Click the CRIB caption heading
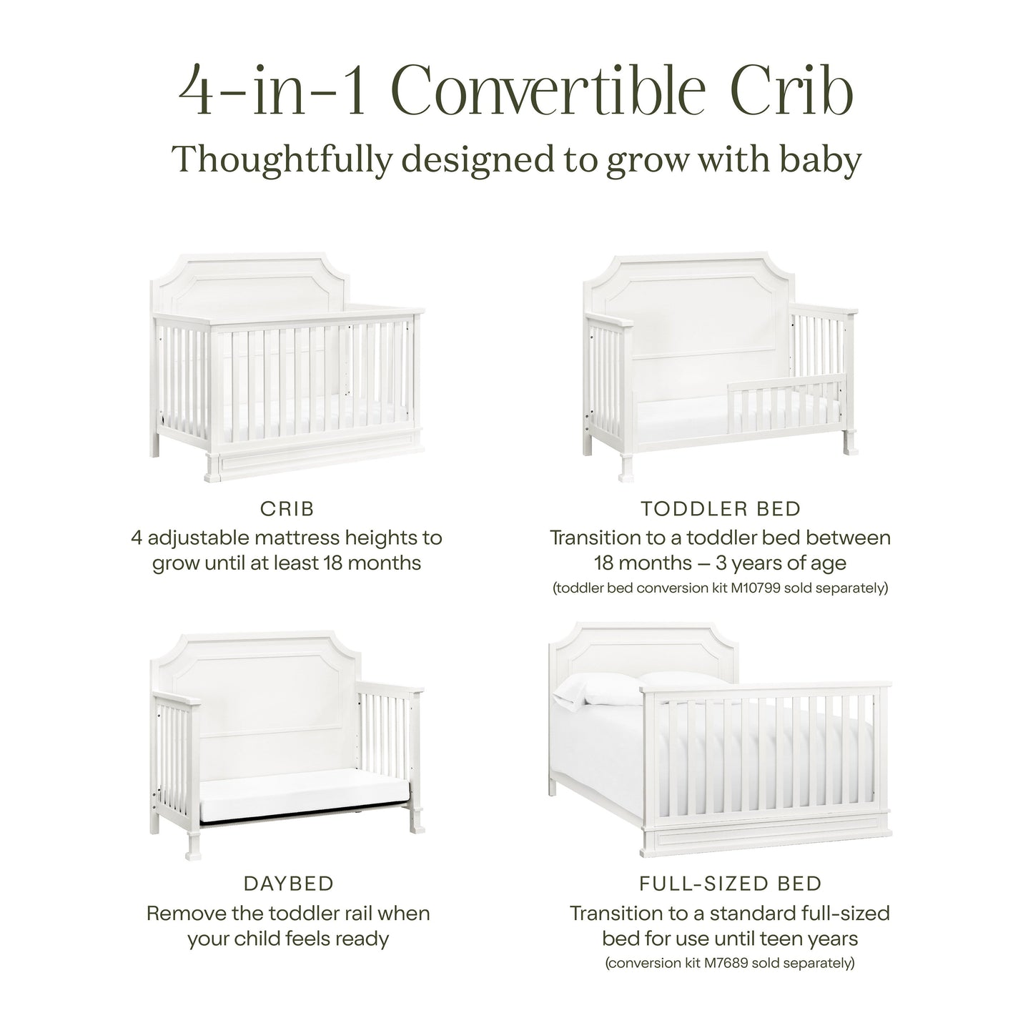pyautogui.click(x=287, y=509)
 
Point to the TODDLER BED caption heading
pyautogui.click(x=721, y=509)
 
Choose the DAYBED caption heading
pyautogui.click(x=289, y=884)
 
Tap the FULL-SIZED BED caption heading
pyautogui.click(x=731, y=884)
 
